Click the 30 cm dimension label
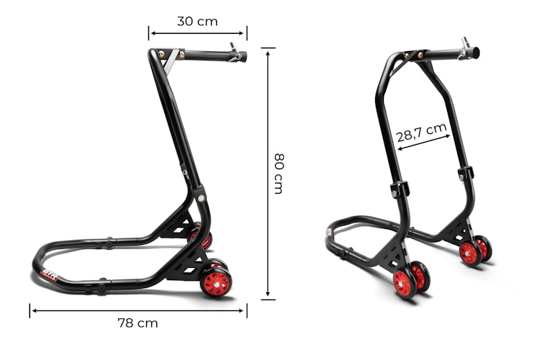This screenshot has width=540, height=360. point(197,21)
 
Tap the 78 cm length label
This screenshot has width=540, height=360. point(138,323)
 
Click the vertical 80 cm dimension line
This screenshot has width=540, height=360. point(269,173)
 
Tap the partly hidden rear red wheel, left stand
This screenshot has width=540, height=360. point(205,240)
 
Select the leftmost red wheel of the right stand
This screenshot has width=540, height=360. point(405,283)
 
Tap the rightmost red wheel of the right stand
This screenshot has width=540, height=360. point(483,248)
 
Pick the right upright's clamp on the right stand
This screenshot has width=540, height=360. point(465,174)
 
